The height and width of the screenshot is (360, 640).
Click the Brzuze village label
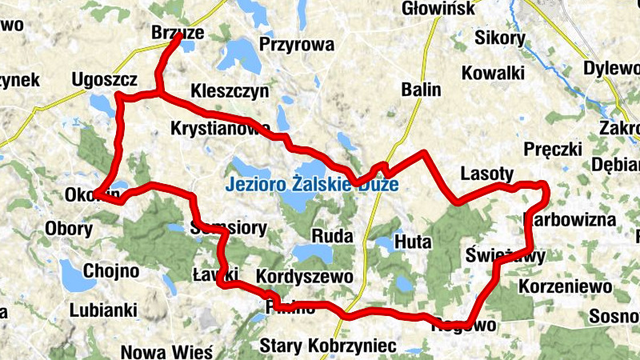pos(178,33)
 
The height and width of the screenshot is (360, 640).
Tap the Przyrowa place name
pos(296,45)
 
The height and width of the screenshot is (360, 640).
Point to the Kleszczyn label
pos(230,91)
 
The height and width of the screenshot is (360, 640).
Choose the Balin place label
pos(421,90)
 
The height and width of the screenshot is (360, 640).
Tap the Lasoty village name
pos(487,174)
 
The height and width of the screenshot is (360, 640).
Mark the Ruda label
pos(327,238)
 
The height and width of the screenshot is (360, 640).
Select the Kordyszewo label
pos(304,276)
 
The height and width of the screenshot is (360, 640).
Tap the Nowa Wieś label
pos(166,351)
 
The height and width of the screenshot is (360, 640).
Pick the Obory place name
pos(69,229)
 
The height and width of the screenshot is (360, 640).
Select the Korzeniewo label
pos(565,286)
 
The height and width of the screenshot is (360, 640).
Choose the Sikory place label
pos(499,38)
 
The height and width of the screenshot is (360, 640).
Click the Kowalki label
pos(493,73)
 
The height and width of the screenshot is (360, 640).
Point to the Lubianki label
pos(103,310)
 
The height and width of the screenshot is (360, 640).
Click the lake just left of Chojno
pos(77,276)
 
